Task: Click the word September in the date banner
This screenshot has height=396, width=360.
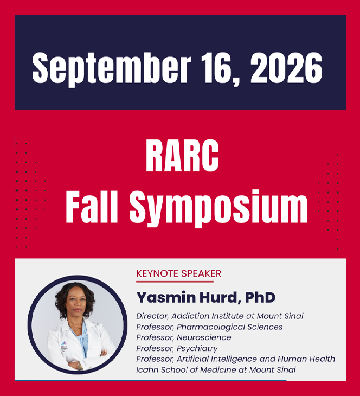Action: [112, 68]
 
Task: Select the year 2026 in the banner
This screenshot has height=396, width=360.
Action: [286, 68]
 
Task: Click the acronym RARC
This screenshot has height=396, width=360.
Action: [182, 156]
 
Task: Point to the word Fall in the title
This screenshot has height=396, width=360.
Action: [92, 206]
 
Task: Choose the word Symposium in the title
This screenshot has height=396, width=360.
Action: [218, 209]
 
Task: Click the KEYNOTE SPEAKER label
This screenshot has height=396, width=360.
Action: [178, 273]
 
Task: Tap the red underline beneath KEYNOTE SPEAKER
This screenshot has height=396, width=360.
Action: [175, 282]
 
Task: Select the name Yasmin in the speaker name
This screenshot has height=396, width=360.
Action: [166, 297]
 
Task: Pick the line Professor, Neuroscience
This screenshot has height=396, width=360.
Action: [184, 337]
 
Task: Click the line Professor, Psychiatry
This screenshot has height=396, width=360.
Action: [177, 348]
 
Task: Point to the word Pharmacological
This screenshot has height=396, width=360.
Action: [210, 327]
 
